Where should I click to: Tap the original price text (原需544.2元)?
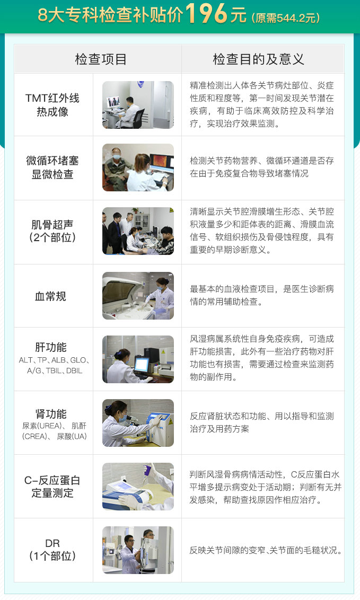coord(286,17)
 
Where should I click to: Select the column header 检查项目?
coord(101,59)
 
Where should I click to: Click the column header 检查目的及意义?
coord(259,59)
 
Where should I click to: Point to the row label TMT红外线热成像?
coord(52,105)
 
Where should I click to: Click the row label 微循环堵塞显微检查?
coord(52,167)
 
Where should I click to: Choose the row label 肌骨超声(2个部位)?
coord(52,231)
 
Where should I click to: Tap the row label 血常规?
coord(50,296)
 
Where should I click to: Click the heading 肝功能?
coord(51,347)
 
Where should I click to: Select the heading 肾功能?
coord(51,413)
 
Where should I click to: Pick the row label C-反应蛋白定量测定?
coord(52,487)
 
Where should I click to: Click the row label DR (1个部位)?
coord(52,550)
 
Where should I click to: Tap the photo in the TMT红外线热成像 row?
coord(138,105)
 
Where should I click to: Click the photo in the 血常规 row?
coord(138,296)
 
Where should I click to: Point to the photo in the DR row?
coord(138,550)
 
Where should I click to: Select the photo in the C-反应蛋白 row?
coord(138,487)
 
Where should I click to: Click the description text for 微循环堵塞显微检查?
coord(262,167)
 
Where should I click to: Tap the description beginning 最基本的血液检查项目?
coord(262,295)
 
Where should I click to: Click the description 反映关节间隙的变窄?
coord(266,550)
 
